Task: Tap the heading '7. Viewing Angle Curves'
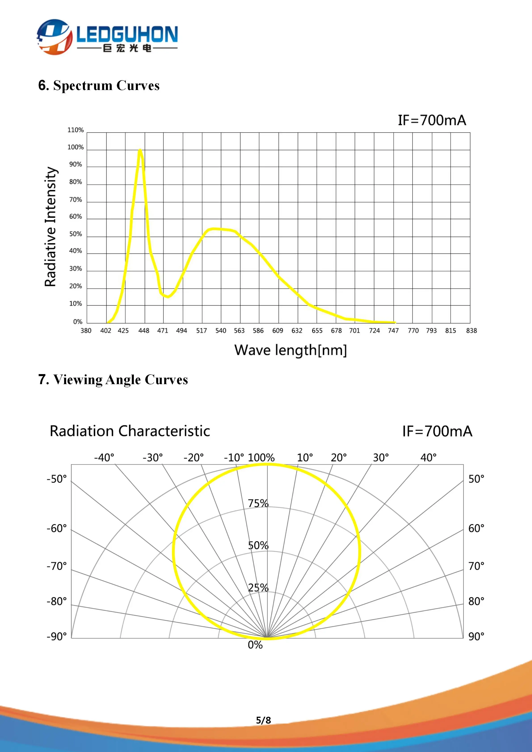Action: point(113,380)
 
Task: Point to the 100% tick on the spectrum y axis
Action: point(76,147)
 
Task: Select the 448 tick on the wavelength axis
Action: point(144,331)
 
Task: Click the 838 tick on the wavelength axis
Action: point(471,331)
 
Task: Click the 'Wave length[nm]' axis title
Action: point(290,350)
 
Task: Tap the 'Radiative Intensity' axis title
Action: point(51,227)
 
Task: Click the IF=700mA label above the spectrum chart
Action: point(432,120)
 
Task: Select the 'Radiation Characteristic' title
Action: point(130,431)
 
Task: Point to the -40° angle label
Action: point(104,458)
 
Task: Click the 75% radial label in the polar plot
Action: point(258,503)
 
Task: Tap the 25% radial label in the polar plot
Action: point(258,588)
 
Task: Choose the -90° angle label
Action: point(57,636)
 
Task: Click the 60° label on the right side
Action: point(476,528)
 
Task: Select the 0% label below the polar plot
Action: point(255,645)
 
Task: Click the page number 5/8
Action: point(263,720)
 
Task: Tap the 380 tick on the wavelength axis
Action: point(86,331)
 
